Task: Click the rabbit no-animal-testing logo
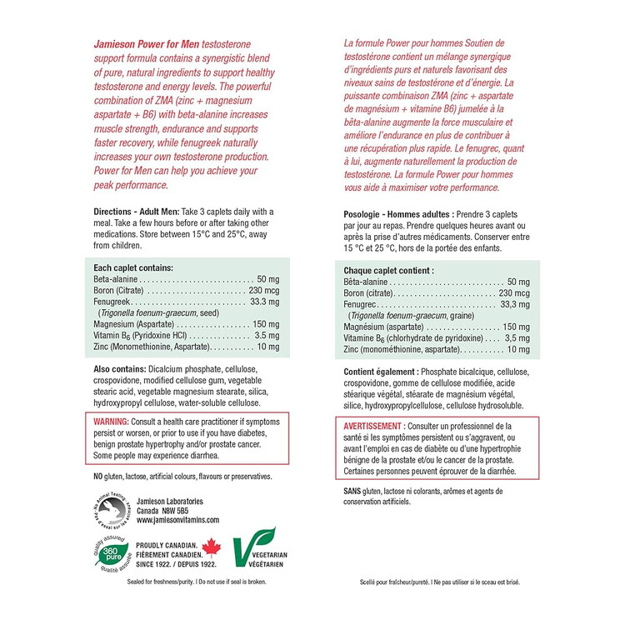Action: (x=111, y=509)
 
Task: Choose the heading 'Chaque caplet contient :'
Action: (x=388, y=271)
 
